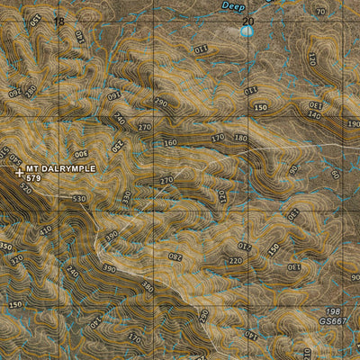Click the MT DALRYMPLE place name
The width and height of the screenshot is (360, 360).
coord(61,168)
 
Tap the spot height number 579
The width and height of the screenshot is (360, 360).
coord(34,178)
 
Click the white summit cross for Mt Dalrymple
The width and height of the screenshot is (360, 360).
coord(19,170)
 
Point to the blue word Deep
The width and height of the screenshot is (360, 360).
coord(233,5)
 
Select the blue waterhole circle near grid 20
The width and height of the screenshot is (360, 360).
coord(247,31)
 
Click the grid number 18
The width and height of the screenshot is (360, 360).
coord(59,21)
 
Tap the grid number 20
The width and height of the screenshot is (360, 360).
coord(248,21)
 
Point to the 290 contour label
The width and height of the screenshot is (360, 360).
coord(161,103)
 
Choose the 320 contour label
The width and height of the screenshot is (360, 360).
coord(15,259)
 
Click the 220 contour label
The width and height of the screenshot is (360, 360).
coord(236,261)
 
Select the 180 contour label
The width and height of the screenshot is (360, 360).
coord(239,138)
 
